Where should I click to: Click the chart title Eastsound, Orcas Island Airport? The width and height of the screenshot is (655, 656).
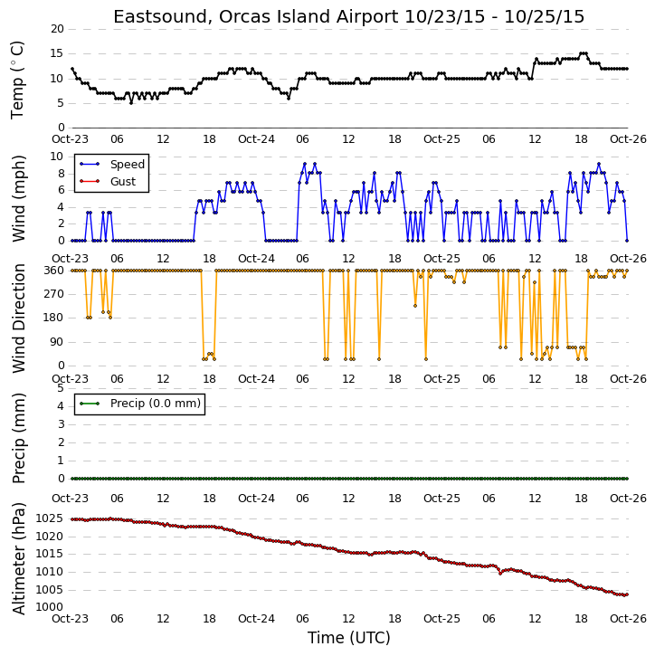coord(255,17)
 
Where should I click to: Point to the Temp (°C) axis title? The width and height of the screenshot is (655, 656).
coord(17,80)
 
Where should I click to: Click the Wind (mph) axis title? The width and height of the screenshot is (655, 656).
coord(19,199)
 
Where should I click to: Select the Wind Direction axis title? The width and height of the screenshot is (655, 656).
coord(19,318)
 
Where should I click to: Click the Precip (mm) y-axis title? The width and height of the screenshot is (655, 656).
coord(19,439)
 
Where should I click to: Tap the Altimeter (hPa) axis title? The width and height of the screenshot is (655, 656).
coord(19,559)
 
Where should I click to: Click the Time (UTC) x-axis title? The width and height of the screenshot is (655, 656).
coord(349,638)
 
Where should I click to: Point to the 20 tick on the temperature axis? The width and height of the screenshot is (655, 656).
coord(57,29)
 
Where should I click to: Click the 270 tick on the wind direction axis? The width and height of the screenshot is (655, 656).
coord(54,294)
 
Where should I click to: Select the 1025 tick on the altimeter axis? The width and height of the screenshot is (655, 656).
coord(50,518)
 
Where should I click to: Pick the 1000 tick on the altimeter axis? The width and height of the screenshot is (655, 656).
coord(50,607)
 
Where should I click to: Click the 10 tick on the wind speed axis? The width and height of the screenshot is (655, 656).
coord(57,157)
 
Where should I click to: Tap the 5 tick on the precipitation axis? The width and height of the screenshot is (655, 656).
coord(61,388)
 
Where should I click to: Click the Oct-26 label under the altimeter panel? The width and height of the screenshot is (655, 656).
coord(628,618)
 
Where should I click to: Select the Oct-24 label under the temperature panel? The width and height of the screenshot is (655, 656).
coord(256,139)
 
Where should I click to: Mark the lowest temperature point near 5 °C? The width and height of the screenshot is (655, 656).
coord(131,103)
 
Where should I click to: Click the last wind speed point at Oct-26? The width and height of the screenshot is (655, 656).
coord(627,241)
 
